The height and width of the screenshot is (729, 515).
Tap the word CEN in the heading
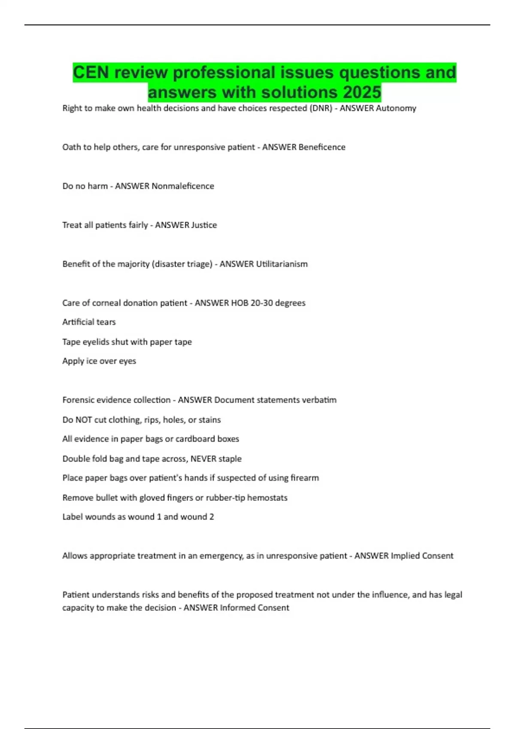[91, 72]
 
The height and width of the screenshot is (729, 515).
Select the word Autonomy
[396, 108]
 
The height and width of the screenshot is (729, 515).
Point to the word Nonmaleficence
[182, 186]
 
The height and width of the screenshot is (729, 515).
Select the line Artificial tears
[89, 322]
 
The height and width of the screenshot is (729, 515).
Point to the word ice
[91, 361]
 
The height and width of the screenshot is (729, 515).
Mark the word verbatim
[319, 400]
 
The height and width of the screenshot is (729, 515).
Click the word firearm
[304, 478]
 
